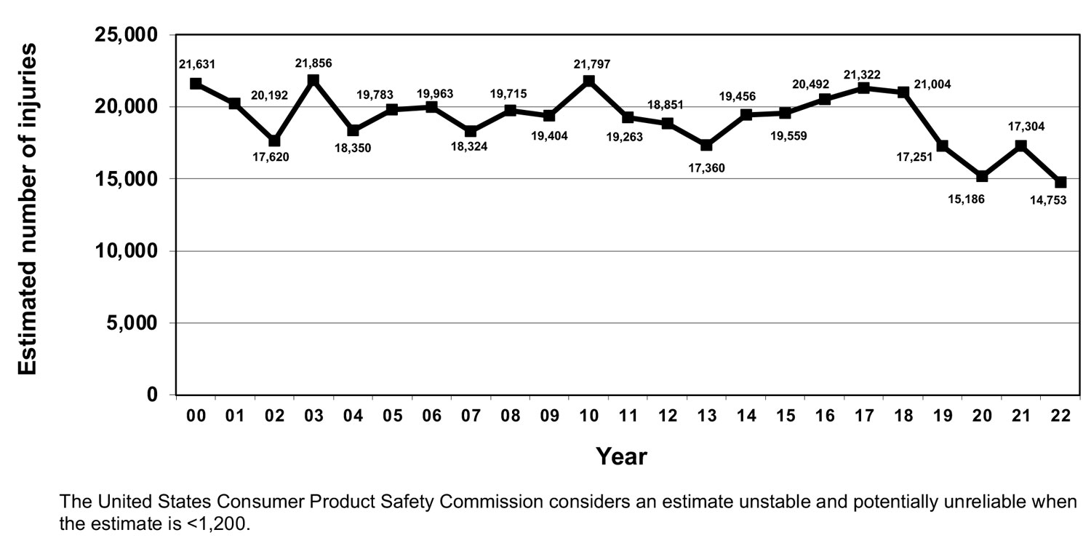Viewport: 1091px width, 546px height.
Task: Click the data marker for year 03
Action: [x=313, y=80]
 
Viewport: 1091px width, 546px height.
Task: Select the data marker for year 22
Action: [x=1060, y=182]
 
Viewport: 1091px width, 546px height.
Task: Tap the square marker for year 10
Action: [x=589, y=81]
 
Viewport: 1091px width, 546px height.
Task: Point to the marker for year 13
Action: [x=706, y=145]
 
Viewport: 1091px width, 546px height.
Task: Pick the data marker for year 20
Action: [x=982, y=176]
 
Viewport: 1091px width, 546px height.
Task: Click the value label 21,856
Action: [x=313, y=63]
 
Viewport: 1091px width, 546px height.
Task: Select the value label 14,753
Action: [x=1047, y=201]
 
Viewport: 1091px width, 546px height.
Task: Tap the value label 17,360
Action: [x=708, y=167]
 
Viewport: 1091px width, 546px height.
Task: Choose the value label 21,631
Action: [x=196, y=65]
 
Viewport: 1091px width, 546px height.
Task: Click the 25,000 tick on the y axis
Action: [x=127, y=35]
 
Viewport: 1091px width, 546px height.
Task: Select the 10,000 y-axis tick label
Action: [x=127, y=251]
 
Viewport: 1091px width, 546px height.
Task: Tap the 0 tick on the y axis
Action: [x=152, y=395]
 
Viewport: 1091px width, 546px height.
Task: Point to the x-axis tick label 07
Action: [x=471, y=416]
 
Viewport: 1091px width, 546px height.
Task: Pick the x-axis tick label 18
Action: [x=903, y=416]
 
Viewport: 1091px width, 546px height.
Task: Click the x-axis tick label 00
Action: [x=196, y=416]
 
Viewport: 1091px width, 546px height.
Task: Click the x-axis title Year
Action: [x=621, y=456]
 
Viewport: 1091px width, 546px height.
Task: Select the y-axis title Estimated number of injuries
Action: [x=27, y=209]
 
